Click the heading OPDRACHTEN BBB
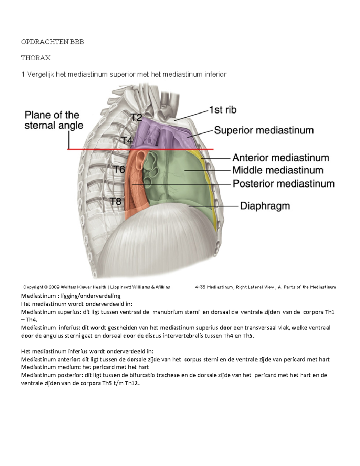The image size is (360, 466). click(52, 42)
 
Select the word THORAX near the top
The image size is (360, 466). click(36, 58)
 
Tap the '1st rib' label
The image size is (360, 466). click(223, 110)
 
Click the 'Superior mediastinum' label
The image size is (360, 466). click(264, 130)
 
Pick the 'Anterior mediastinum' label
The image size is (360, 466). click(280, 158)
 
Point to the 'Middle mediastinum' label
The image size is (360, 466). click(278, 170)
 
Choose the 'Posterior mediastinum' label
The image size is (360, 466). click(283, 183)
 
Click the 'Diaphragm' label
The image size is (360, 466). click(265, 206)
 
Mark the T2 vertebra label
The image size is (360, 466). click(136, 117)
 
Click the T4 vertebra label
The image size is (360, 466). click(127, 140)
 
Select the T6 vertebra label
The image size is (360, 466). click(119, 170)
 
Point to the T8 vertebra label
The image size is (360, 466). click(115, 201)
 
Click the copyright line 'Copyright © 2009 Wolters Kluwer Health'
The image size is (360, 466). click(97, 287)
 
